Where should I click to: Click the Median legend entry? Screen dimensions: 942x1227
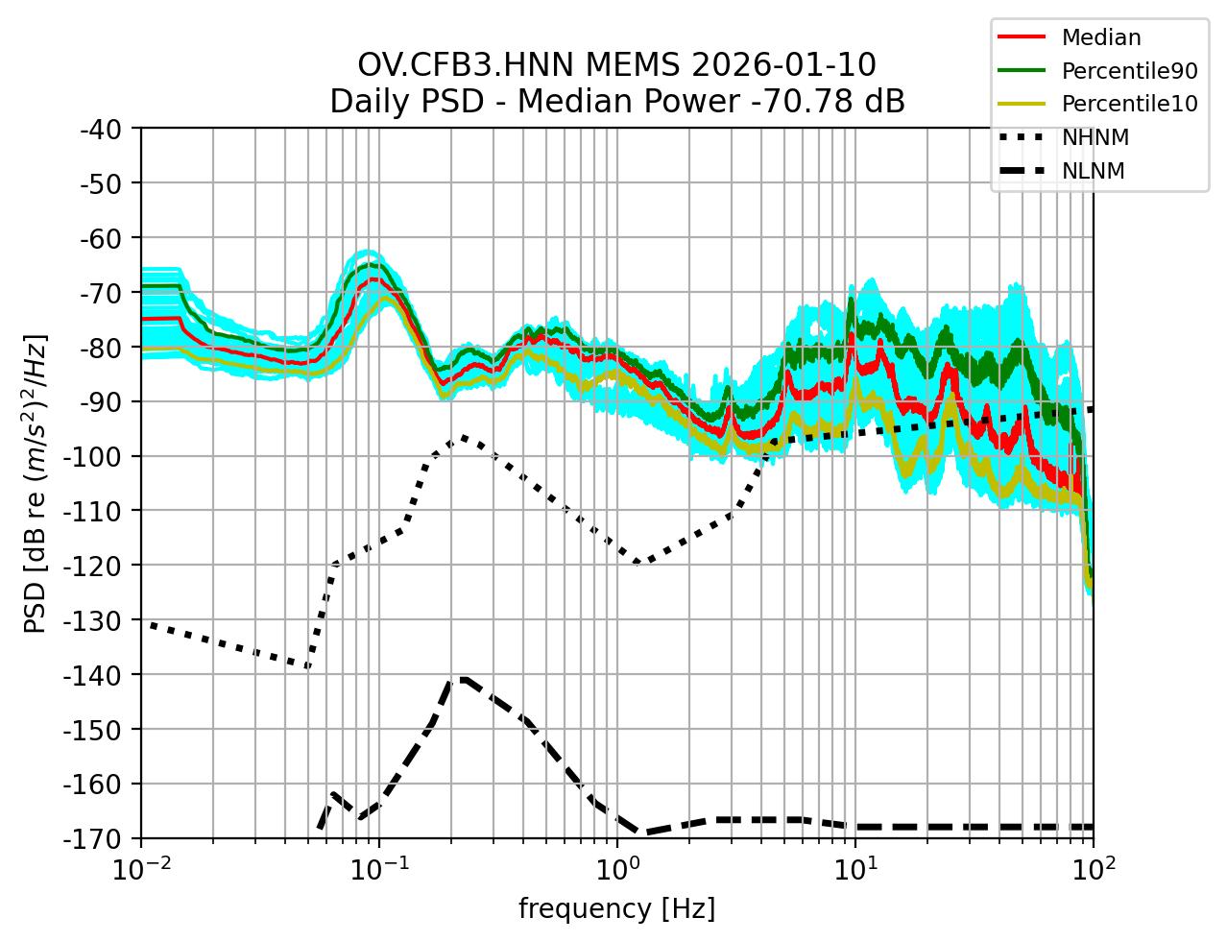pyautogui.click(x=1100, y=38)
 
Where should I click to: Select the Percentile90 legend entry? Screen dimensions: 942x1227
pyautogui.click(x=1129, y=71)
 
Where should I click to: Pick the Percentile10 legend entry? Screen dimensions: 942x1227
pyautogui.click(x=1129, y=104)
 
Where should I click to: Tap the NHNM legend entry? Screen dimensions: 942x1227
pyautogui.click(x=1095, y=137)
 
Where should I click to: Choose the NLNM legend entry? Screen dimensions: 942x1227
pyautogui.click(x=1093, y=171)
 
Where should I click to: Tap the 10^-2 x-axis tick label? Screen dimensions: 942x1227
pyautogui.click(x=141, y=871)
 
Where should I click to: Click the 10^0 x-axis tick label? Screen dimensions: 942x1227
pyautogui.click(x=617, y=871)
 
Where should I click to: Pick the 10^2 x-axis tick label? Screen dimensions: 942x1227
pyautogui.click(x=1093, y=871)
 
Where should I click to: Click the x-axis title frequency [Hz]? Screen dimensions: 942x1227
pyautogui.click(x=616, y=908)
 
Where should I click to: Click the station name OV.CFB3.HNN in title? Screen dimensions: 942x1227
pyautogui.click(x=467, y=65)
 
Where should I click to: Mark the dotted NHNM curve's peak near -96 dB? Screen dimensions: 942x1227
pyautogui.click(x=463, y=437)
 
